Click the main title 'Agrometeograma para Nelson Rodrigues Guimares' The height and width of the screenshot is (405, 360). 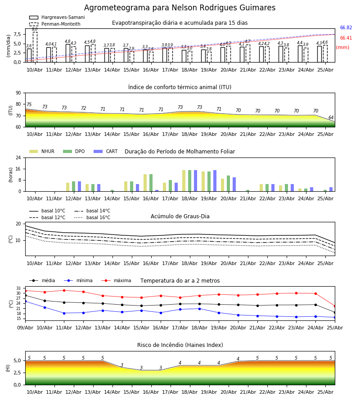[x=180, y=8]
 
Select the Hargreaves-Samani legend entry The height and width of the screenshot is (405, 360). [x=57, y=17]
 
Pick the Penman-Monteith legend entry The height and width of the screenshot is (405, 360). [x=55, y=24]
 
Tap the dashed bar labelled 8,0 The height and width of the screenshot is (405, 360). [x=35, y=47]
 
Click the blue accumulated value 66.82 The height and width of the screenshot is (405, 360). [x=346, y=27]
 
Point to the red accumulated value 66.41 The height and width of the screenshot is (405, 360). [x=346, y=38]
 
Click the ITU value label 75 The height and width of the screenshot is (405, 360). [x=29, y=104]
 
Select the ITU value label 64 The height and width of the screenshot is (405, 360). [x=331, y=117]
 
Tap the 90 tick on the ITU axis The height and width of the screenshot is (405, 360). [x=18, y=93]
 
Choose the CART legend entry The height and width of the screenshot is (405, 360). [x=106, y=151]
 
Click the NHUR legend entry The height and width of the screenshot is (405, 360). [x=42, y=151]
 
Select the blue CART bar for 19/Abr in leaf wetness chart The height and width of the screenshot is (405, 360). [x=215, y=181]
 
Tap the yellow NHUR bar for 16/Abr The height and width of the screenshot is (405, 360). [x=145, y=183]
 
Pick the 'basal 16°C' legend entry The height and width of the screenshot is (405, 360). [x=92, y=217]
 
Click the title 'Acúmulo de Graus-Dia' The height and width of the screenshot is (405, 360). [x=180, y=216]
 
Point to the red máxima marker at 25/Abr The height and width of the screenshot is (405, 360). [x=335, y=306]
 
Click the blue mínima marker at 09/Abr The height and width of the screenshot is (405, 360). [x=25, y=301]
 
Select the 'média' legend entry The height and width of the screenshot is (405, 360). [x=42, y=280]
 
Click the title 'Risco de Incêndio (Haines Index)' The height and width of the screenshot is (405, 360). [x=180, y=345]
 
